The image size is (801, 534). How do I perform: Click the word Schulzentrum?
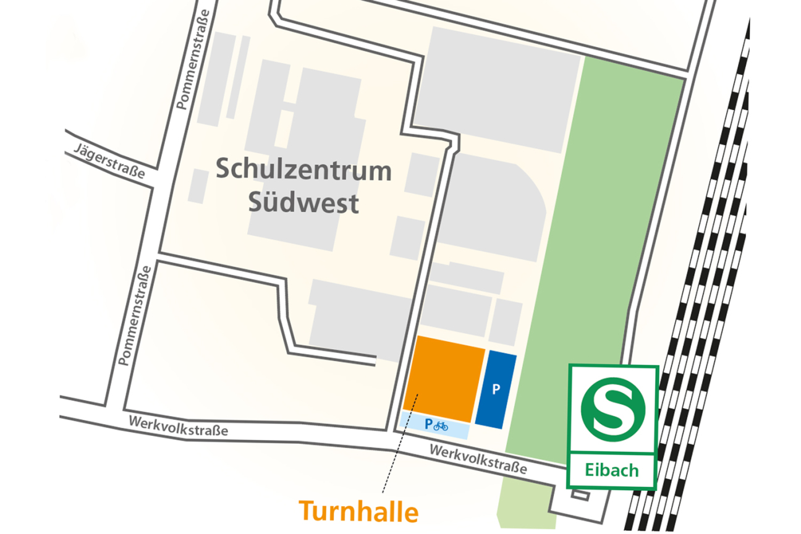(303, 171)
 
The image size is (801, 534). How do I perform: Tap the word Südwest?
(303, 203)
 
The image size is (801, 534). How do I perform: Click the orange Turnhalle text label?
(358, 512)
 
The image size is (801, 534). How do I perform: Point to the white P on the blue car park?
(495, 390)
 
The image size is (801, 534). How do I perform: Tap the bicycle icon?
(441, 426)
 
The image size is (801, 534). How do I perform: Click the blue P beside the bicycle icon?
(428, 425)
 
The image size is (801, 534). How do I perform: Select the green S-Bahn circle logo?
(612, 407)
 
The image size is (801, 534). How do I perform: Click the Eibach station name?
(612, 471)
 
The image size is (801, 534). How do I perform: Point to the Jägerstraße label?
(109, 161)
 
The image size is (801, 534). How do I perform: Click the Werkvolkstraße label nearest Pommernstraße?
(179, 426)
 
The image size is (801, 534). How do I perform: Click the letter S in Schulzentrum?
(222, 169)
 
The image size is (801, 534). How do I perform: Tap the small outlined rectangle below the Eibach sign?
(580, 493)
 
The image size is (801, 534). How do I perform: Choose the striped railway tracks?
(698, 309)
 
